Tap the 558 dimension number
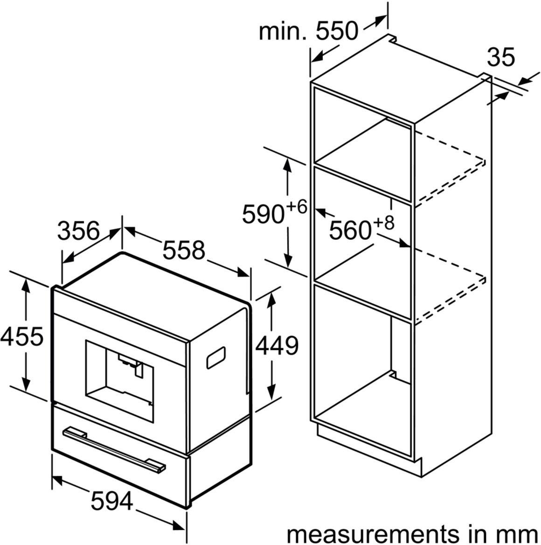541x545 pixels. click(x=184, y=250)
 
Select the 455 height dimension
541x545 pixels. click(x=22, y=336)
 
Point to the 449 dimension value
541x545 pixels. click(x=277, y=345)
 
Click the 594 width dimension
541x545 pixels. click(x=112, y=501)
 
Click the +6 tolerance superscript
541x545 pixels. click(x=297, y=207)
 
